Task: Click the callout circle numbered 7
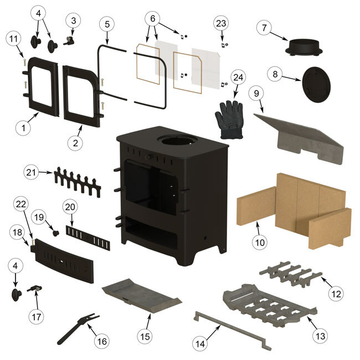[x=264, y=28]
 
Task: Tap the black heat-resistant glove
[x=229, y=120]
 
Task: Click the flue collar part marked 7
[x=304, y=47]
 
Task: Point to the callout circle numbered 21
[x=31, y=172]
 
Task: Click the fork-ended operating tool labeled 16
[x=78, y=329]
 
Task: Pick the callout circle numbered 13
[x=321, y=336]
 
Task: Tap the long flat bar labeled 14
[x=233, y=331]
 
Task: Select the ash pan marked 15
[x=142, y=296]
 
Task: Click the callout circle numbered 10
[x=260, y=242]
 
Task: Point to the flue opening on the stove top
[x=176, y=140]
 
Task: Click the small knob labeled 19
[x=56, y=233]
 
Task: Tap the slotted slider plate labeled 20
[x=88, y=238]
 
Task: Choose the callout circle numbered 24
[x=238, y=78]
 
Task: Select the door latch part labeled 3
[x=69, y=40]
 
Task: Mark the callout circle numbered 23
[x=221, y=23]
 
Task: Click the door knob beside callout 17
[x=17, y=295]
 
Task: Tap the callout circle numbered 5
[x=107, y=24]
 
